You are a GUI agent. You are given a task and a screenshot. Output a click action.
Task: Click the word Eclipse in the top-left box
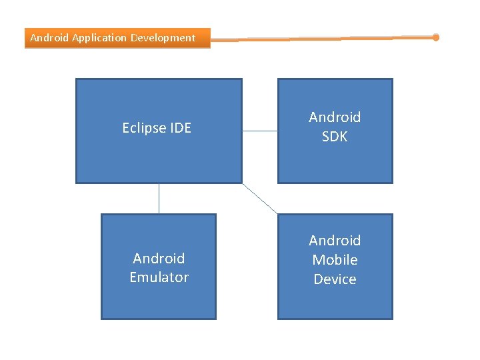tap(144, 128)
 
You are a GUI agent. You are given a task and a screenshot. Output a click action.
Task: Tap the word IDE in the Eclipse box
tap(180, 128)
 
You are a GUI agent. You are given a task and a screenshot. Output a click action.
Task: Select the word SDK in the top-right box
tap(335, 137)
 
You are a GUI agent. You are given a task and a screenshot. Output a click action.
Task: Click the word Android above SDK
tap(335, 117)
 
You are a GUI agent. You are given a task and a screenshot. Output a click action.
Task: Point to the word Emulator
tap(159, 277)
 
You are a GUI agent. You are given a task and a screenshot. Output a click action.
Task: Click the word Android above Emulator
tap(159, 258)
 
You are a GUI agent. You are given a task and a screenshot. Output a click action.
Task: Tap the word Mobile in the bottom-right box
tap(335, 260)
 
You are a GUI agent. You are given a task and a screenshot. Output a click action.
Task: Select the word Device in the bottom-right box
tap(335, 279)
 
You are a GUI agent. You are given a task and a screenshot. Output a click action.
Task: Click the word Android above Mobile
tap(335, 241)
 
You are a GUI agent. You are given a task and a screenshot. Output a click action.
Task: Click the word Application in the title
tap(99, 38)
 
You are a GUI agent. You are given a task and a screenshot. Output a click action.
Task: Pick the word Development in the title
tap(163, 38)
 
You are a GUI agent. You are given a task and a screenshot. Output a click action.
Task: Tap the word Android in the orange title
tap(49, 38)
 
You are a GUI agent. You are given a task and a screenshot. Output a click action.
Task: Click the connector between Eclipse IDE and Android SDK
tap(259, 131)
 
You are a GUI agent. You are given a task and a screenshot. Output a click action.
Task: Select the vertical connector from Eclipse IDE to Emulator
tap(159, 199)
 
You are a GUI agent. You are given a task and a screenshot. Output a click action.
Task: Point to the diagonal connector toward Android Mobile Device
tap(259, 199)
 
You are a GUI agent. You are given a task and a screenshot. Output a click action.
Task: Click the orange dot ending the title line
tap(436, 37)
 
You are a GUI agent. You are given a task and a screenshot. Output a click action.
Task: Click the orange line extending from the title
tap(320, 39)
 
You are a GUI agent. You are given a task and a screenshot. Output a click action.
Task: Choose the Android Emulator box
tap(159, 300)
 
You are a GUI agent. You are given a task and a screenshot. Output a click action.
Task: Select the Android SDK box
tap(335, 163)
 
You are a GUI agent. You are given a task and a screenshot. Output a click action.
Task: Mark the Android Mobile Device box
tap(335, 303)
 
